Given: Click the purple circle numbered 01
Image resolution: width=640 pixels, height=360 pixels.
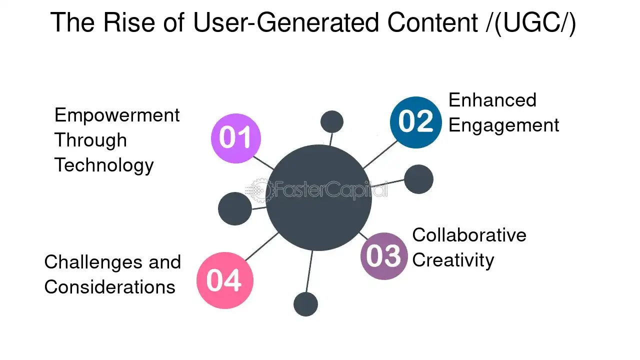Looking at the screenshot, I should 236,138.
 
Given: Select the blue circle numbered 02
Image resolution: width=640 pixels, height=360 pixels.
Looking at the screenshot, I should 416,122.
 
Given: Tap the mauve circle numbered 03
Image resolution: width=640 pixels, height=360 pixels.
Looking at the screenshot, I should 384,256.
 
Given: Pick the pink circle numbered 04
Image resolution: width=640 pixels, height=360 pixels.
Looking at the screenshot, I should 225,280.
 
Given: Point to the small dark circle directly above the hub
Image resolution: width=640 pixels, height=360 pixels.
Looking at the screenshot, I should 331,122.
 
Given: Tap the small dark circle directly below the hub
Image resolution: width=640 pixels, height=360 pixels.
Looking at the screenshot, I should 305,304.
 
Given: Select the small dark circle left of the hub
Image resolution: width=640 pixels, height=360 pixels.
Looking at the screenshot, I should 235,208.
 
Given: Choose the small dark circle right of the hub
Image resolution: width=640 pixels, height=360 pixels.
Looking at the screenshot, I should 418,179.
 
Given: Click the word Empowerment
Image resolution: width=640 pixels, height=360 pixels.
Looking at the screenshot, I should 117,115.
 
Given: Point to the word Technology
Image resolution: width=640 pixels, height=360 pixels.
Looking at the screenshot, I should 104,165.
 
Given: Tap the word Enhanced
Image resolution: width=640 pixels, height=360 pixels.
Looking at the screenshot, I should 492,100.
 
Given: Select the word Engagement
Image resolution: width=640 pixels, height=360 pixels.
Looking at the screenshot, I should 503,125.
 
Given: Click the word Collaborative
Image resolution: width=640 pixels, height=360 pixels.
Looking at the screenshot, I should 469,235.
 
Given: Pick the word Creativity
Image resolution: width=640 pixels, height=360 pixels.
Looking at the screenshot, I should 453,260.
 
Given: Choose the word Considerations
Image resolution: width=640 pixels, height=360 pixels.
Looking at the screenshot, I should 109,287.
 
